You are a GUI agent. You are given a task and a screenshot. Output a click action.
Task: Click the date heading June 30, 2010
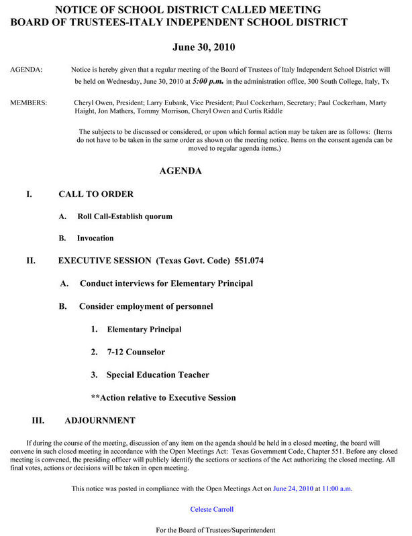(203, 48)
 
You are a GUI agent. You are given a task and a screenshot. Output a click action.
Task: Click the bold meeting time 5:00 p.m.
(208, 81)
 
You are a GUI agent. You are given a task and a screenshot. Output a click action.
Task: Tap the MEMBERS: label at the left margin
(29, 103)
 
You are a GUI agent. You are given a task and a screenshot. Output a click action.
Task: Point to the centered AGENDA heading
(181, 171)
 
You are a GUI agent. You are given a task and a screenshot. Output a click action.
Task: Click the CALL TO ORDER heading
(96, 194)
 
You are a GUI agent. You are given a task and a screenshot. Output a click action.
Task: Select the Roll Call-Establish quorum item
(125, 216)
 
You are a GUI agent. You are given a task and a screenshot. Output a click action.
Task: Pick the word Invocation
(95, 238)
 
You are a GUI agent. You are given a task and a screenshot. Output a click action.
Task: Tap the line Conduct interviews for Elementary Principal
(166, 283)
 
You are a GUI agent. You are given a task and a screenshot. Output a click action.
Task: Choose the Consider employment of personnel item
(146, 306)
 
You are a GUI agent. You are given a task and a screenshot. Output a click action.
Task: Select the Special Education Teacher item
(158, 375)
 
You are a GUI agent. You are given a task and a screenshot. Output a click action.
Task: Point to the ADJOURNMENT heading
(99, 421)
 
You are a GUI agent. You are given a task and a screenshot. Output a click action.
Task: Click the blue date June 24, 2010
(293, 488)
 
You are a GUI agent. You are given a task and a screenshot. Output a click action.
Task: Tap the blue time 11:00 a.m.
(337, 488)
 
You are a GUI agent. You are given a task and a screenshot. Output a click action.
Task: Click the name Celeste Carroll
(212, 509)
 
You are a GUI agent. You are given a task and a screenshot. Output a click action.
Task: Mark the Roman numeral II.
(31, 261)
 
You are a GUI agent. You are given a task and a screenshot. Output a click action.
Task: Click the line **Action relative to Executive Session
(163, 397)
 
